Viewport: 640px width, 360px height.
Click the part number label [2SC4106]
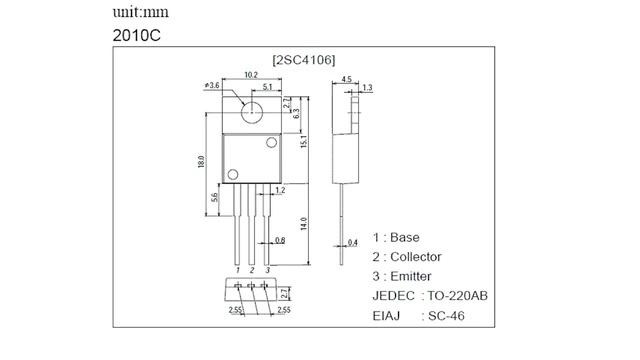pyautogui.click(x=304, y=60)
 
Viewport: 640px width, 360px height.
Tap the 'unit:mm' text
pyautogui.click(x=140, y=12)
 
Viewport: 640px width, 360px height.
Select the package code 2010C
pyautogui.click(x=137, y=36)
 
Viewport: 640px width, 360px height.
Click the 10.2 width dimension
pyautogui.click(x=251, y=75)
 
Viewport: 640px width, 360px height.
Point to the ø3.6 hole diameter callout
pyautogui.click(x=212, y=85)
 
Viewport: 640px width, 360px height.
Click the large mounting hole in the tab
pyautogui.click(x=252, y=112)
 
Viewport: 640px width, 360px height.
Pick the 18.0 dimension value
pyautogui.click(x=201, y=162)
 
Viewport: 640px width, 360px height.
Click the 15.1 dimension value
pyautogui.click(x=304, y=141)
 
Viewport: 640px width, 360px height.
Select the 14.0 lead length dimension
pyautogui.click(x=304, y=224)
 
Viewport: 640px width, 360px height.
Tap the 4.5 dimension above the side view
pyautogui.click(x=346, y=79)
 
